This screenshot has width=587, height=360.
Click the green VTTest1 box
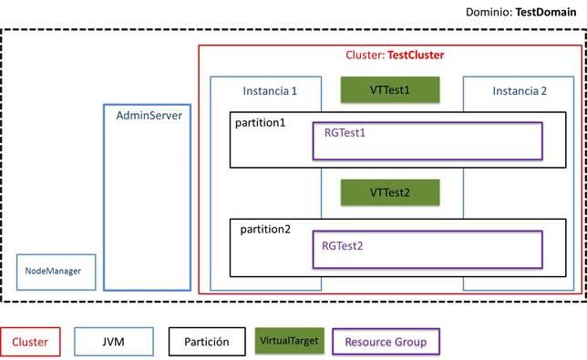tap(390, 89)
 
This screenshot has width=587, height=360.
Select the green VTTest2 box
tap(390, 192)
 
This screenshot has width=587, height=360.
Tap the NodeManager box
tap(56, 272)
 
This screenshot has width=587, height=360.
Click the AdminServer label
tap(148, 117)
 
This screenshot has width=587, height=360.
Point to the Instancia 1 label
tap(269, 91)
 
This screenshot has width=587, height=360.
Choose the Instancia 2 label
tap(520, 91)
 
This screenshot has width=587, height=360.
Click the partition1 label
tap(261, 122)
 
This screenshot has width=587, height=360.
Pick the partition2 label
tap(265, 229)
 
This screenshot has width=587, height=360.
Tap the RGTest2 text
tap(343, 245)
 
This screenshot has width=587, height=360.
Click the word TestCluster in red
tap(416, 56)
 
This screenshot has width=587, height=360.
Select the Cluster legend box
tap(31, 343)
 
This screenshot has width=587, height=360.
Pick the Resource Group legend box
tap(386, 343)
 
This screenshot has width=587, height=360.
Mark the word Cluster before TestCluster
tap(365, 56)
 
